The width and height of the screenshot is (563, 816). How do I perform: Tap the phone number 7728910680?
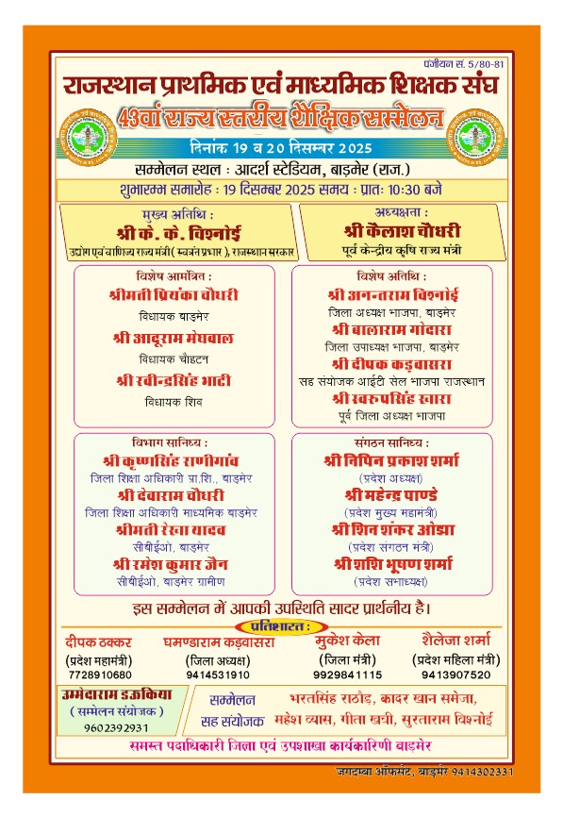click(98, 674)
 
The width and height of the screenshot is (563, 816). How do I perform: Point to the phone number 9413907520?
click(456, 674)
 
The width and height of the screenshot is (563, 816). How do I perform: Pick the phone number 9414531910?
click(218, 674)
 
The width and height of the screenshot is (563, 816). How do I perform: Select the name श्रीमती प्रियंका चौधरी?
click(174, 294)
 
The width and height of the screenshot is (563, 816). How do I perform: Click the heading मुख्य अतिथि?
click(181, 215)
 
